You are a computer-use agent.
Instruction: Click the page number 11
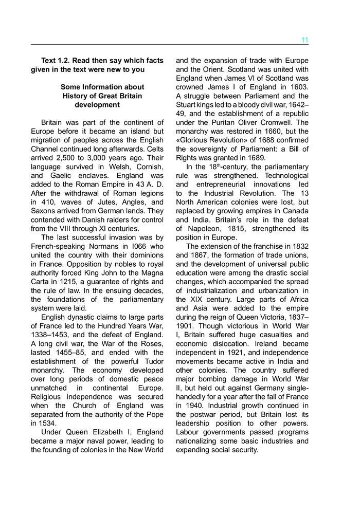(304, 40)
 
